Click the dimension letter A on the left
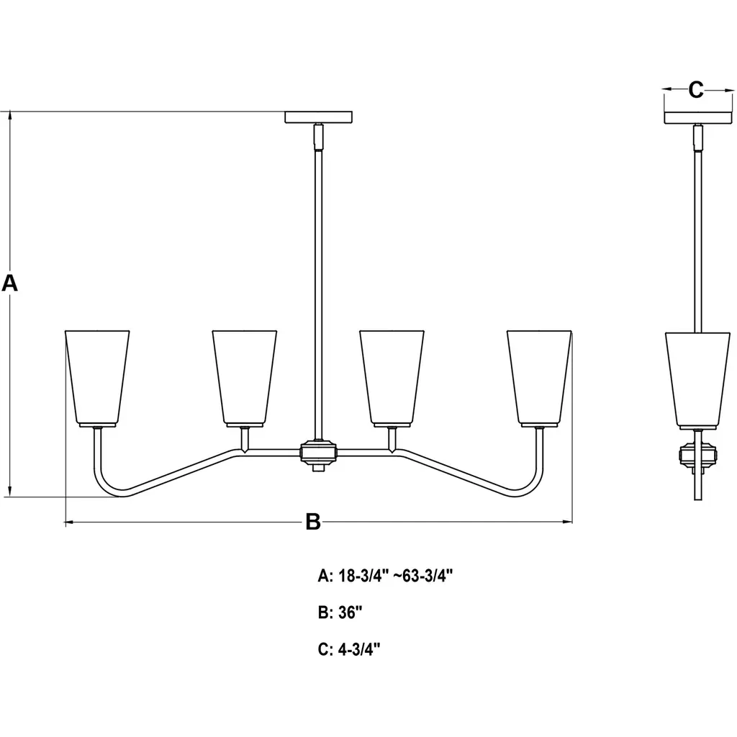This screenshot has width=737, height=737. [x=10, y=284]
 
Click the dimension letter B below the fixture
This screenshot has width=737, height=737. [x=313, y=522]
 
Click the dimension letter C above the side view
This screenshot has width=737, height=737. [x=696, y=89]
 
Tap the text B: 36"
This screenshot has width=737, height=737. [x=340, y=612]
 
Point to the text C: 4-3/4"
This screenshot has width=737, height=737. [x=349, y=649]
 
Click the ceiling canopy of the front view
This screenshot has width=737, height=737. [x=319, y=117]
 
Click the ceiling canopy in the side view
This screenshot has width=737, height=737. [x=698, y=117]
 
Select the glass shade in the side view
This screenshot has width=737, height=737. [x=698, y=380]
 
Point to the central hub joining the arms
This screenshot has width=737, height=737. [x=319, y=453]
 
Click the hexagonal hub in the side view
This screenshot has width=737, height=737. [x=698, y=455]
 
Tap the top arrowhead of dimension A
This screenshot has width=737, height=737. [x=10, y=116]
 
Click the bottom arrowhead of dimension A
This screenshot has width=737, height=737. [x=10, y=492]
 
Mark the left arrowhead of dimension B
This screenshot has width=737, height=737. [x=69, y=522]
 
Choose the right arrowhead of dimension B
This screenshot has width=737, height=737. [x=567, y=522]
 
